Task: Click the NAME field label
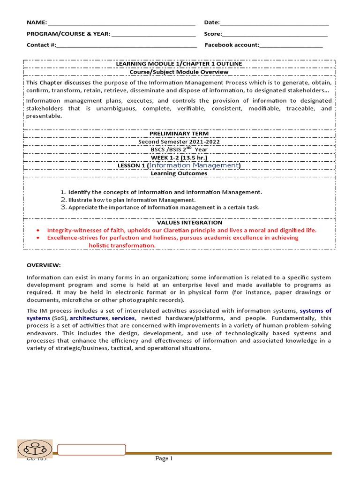click(x=37, y=22)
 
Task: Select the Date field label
click(x=212, y=22)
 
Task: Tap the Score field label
click(x=213, y=34)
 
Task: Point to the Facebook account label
click(x=232, y=45)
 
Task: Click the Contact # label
click(x=41, y=45)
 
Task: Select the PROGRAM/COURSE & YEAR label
click(x=68, y=34)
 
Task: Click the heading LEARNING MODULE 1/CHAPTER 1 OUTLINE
click(x=180, y=64)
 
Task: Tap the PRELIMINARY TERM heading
click(x=179, y=134)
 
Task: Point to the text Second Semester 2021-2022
click(x=179, y=142)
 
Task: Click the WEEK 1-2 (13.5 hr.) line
click(x=179, y=157)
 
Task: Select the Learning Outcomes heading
click(x=179, y=173)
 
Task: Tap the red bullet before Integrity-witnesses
click(x=38, y=231)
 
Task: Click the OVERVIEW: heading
click(x=44, y=265)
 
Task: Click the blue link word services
click(x=123, y=318)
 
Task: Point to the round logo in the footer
click(x=35, y=449)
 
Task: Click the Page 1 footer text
click(x=164, y=458)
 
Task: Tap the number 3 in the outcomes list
click(x=63, y=207)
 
